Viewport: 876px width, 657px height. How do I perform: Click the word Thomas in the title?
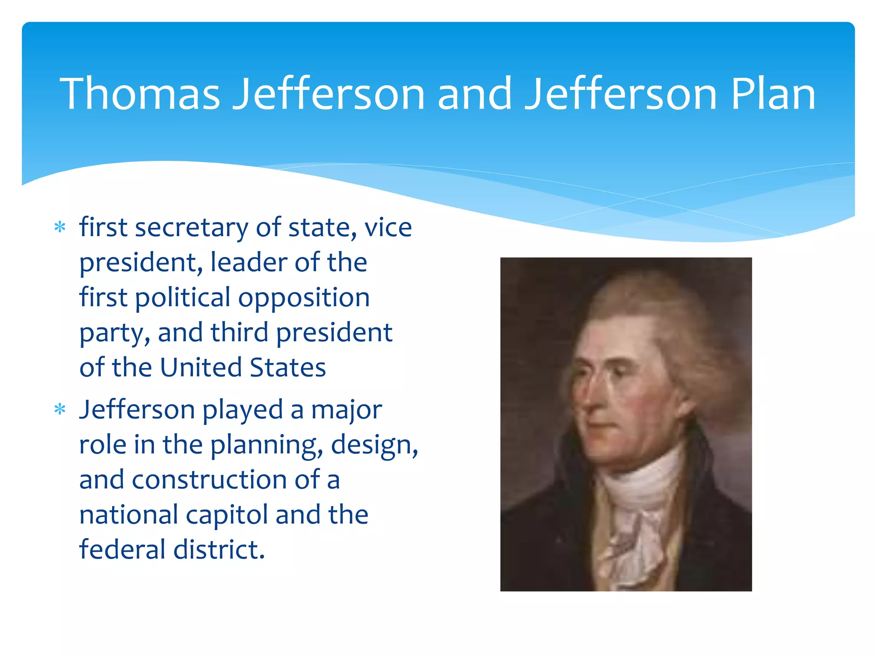140,94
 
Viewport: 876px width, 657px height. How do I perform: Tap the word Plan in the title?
773,94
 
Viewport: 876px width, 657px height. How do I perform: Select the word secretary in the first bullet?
191,228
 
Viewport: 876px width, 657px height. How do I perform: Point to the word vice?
388,228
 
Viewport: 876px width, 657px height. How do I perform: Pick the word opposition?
304,298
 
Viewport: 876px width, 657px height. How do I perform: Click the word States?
287,367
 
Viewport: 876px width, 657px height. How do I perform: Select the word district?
219,550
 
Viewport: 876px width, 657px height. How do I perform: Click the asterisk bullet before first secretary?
60,227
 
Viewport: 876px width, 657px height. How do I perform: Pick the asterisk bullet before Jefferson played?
60,409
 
